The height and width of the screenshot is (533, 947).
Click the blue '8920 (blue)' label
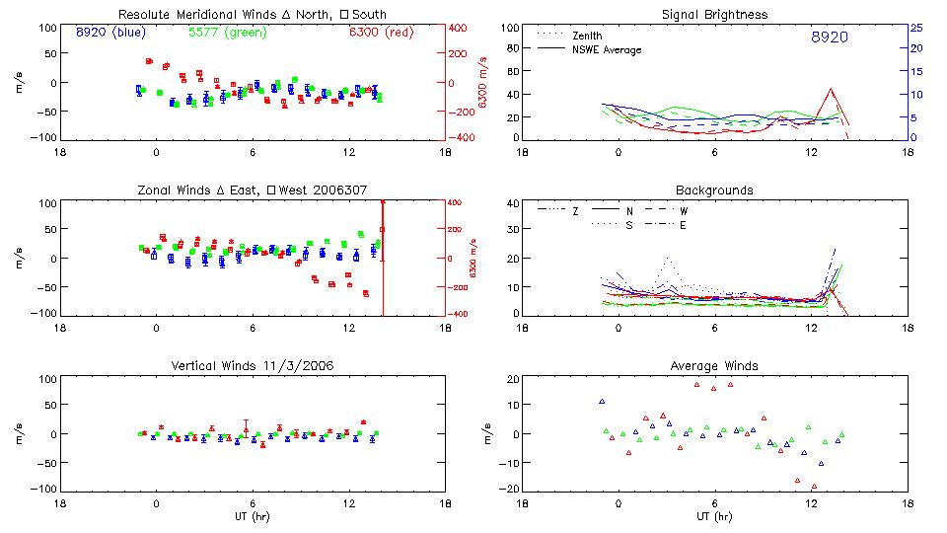tap(109, 32)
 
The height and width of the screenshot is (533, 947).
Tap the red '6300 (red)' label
tap(381, 32)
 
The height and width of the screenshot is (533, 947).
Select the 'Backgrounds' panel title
tap(714, 190)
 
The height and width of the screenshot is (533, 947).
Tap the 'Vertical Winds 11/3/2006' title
tap(252, 365)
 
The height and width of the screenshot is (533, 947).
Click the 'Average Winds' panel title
tap(714, 365)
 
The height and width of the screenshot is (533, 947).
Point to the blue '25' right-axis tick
tap(915, 28)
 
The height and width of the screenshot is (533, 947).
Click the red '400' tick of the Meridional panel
tap(459, 28)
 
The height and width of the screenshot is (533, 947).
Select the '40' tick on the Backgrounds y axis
tap(511, 204)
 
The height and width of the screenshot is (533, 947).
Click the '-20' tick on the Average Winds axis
tap(509, 489)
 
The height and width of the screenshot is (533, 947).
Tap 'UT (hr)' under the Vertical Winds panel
tap(252, 516)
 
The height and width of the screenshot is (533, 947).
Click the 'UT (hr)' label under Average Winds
tap(714, 516)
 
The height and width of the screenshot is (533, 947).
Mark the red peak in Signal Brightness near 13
tap(832, 89)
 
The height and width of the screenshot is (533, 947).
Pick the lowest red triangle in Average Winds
tap(814, 487)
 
